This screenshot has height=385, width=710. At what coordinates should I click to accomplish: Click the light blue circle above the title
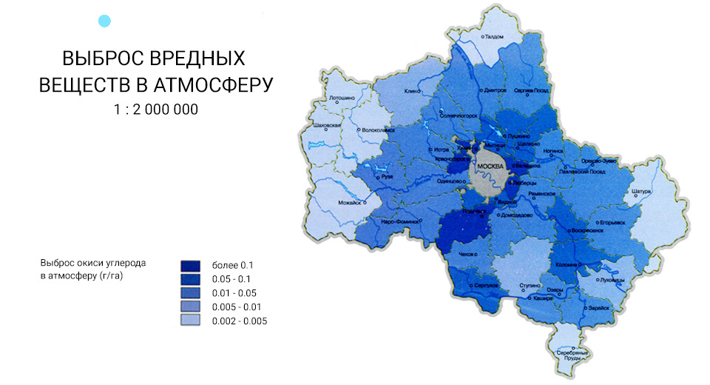tap(105, 21)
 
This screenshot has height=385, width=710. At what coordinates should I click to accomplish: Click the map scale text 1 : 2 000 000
tap(155, 109)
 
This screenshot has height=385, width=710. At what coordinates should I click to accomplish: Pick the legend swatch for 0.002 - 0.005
tap(191, 321)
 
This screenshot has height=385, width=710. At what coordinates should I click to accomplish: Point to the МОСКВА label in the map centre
tap(491, 166)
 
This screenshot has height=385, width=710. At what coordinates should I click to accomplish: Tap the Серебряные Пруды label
tap(572, 355)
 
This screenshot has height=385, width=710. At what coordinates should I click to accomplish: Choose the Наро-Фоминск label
tap(400, 221)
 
